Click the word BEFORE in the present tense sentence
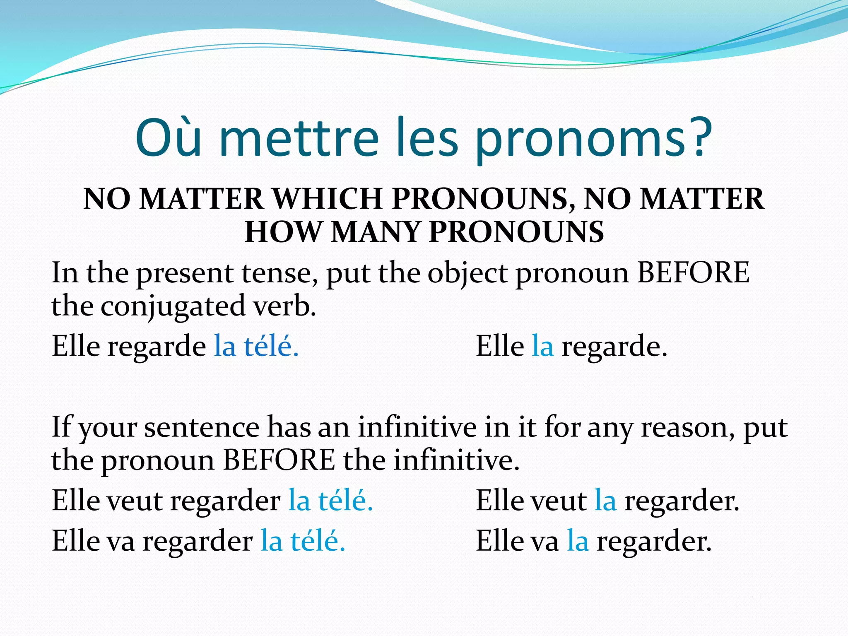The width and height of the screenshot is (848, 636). (693, 273)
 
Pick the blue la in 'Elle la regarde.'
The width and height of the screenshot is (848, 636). (542, 346)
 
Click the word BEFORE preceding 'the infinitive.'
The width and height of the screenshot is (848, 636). (279, 460)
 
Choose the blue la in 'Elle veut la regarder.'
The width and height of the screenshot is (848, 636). (605, 501)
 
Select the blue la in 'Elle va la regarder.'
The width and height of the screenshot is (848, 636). (578, 541)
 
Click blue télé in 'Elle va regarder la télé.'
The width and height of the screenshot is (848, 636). (318, 541)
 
